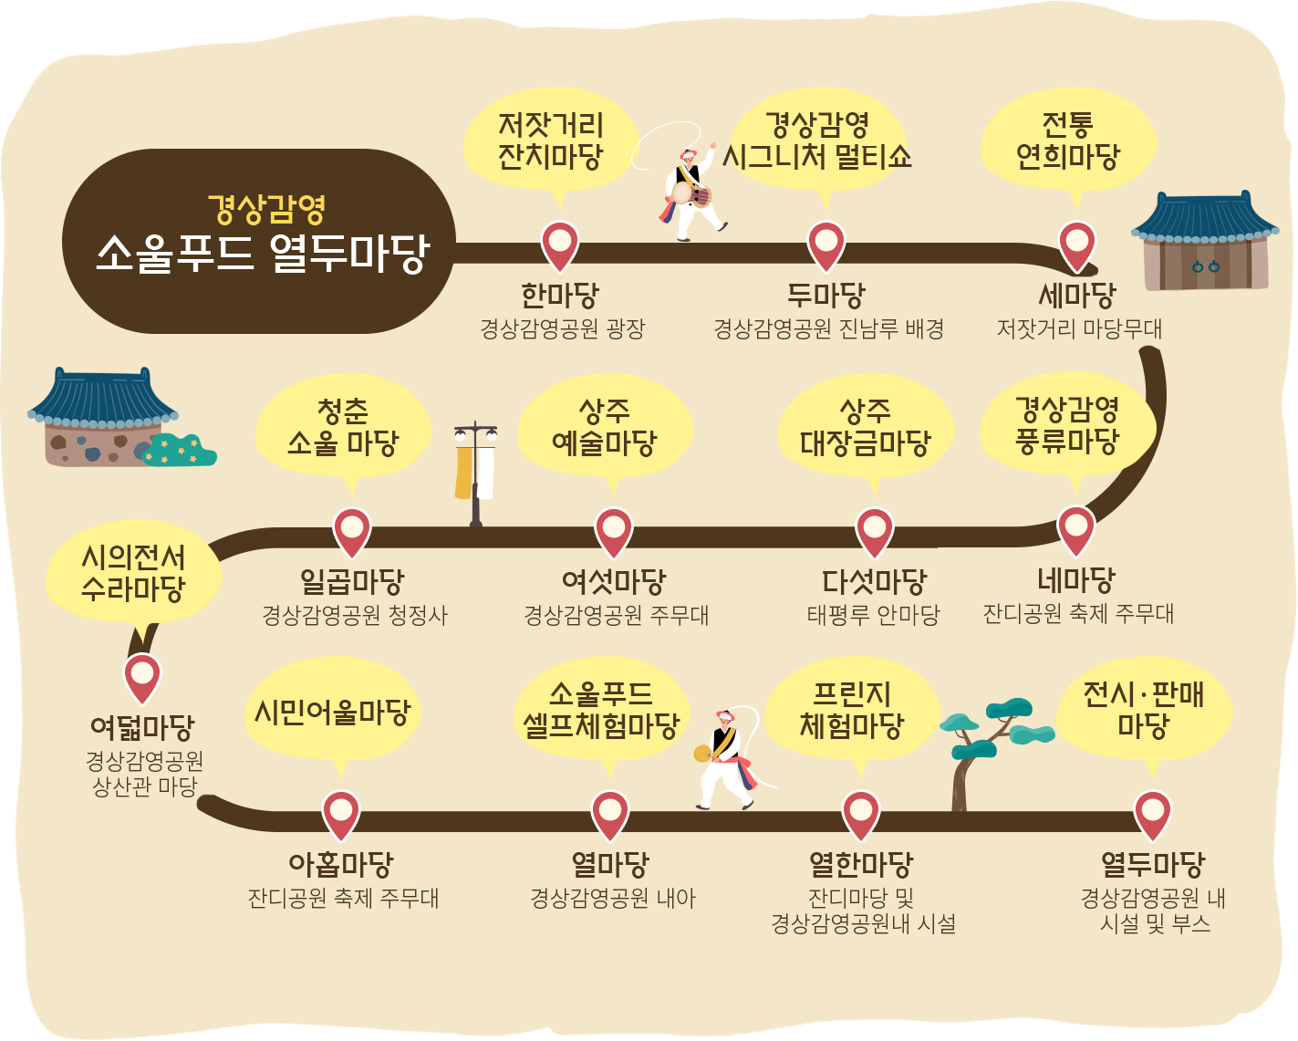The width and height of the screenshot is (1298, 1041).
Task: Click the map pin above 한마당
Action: [559, 245]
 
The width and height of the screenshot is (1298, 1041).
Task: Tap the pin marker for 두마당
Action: [826, 245]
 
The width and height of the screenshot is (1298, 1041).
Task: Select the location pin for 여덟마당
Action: [142, 676]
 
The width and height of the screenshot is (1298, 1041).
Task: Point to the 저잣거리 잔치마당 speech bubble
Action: [550, 141]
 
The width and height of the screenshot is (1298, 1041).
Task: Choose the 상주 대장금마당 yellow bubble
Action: [865, 428]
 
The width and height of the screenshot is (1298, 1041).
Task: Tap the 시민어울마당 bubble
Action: [332, 713]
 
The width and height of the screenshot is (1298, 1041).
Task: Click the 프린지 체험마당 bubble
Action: [852, 711]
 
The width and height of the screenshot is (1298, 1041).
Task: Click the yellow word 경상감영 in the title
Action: [266, 209]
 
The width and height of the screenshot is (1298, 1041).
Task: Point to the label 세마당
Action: [1077, 296]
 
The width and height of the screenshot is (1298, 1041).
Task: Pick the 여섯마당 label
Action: [614, 581]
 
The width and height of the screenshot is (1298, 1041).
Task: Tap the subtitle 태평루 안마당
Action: [873, 615]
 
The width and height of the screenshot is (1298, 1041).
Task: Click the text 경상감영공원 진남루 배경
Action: [828, 328]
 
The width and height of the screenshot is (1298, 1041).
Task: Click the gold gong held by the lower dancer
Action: [702, 754]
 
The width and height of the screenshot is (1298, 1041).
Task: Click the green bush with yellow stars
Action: [181, 450]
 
